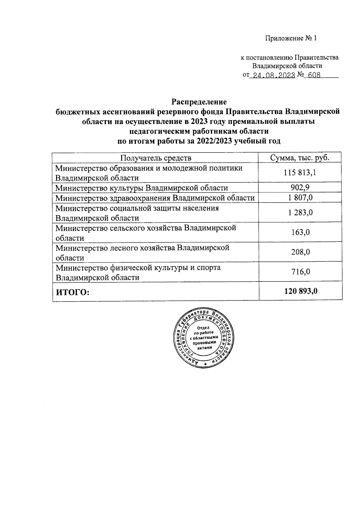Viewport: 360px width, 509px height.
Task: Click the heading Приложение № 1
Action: pos(291,38)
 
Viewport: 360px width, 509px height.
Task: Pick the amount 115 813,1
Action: pos(300,173)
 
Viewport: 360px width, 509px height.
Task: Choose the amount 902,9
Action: pos(300,188)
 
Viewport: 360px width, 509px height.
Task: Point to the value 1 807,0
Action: pos(300,197)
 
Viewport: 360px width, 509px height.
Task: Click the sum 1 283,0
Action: pos(300,212)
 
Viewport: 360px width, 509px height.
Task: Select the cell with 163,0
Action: pos(300,232)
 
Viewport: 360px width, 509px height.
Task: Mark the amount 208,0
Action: pos(300,252)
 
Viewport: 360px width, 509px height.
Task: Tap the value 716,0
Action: pos(300,272)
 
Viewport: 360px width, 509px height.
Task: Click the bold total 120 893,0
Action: pos(300,291)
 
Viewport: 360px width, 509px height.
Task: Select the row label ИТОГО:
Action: pos(73,291)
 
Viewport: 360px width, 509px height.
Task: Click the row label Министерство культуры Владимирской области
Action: pos(142,188)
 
